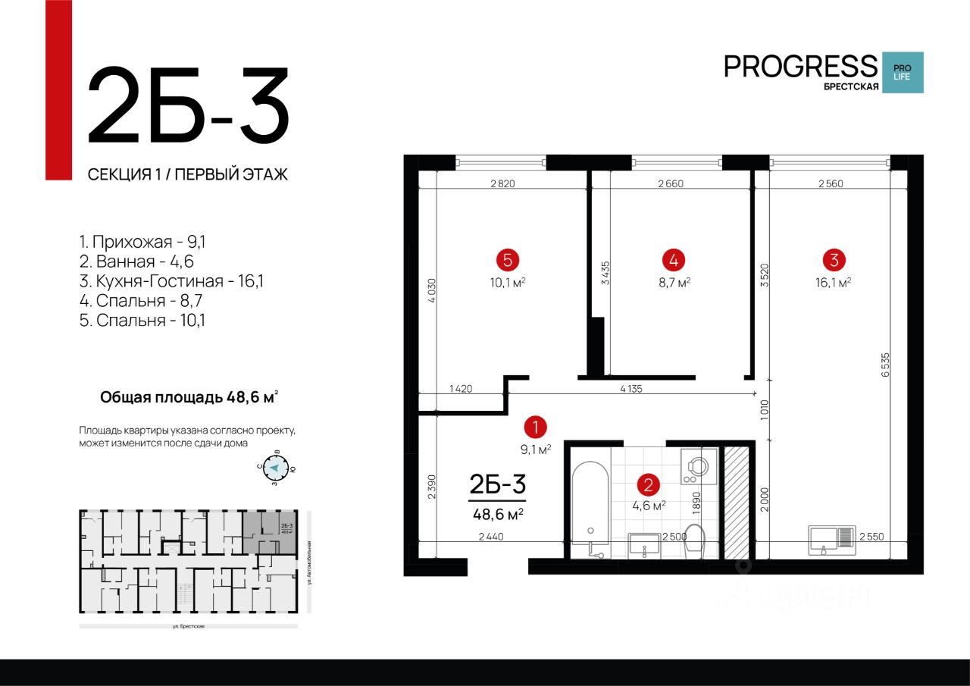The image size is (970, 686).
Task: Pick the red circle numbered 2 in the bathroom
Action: pyautogui.click(x=647, y=484)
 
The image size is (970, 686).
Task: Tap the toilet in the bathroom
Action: pyautogui.click(x=694, y=540)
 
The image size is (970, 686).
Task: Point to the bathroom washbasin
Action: pyautogui.click(x=645, y=545)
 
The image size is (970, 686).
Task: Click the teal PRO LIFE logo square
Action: pyautogui.click(x=903, y=73)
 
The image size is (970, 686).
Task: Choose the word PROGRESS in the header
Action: pyautogui.click(x=800, y=66)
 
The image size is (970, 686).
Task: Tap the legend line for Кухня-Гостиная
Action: pyautogui.click(x=171, y=281)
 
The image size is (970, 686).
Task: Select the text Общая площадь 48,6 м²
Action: pyautogui.click(x=189, y=396)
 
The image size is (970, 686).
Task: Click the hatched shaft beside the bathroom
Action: pyautogui.click(x=734, y=502)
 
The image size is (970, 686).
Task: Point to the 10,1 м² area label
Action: pyautogui.click(x=507, y=282)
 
